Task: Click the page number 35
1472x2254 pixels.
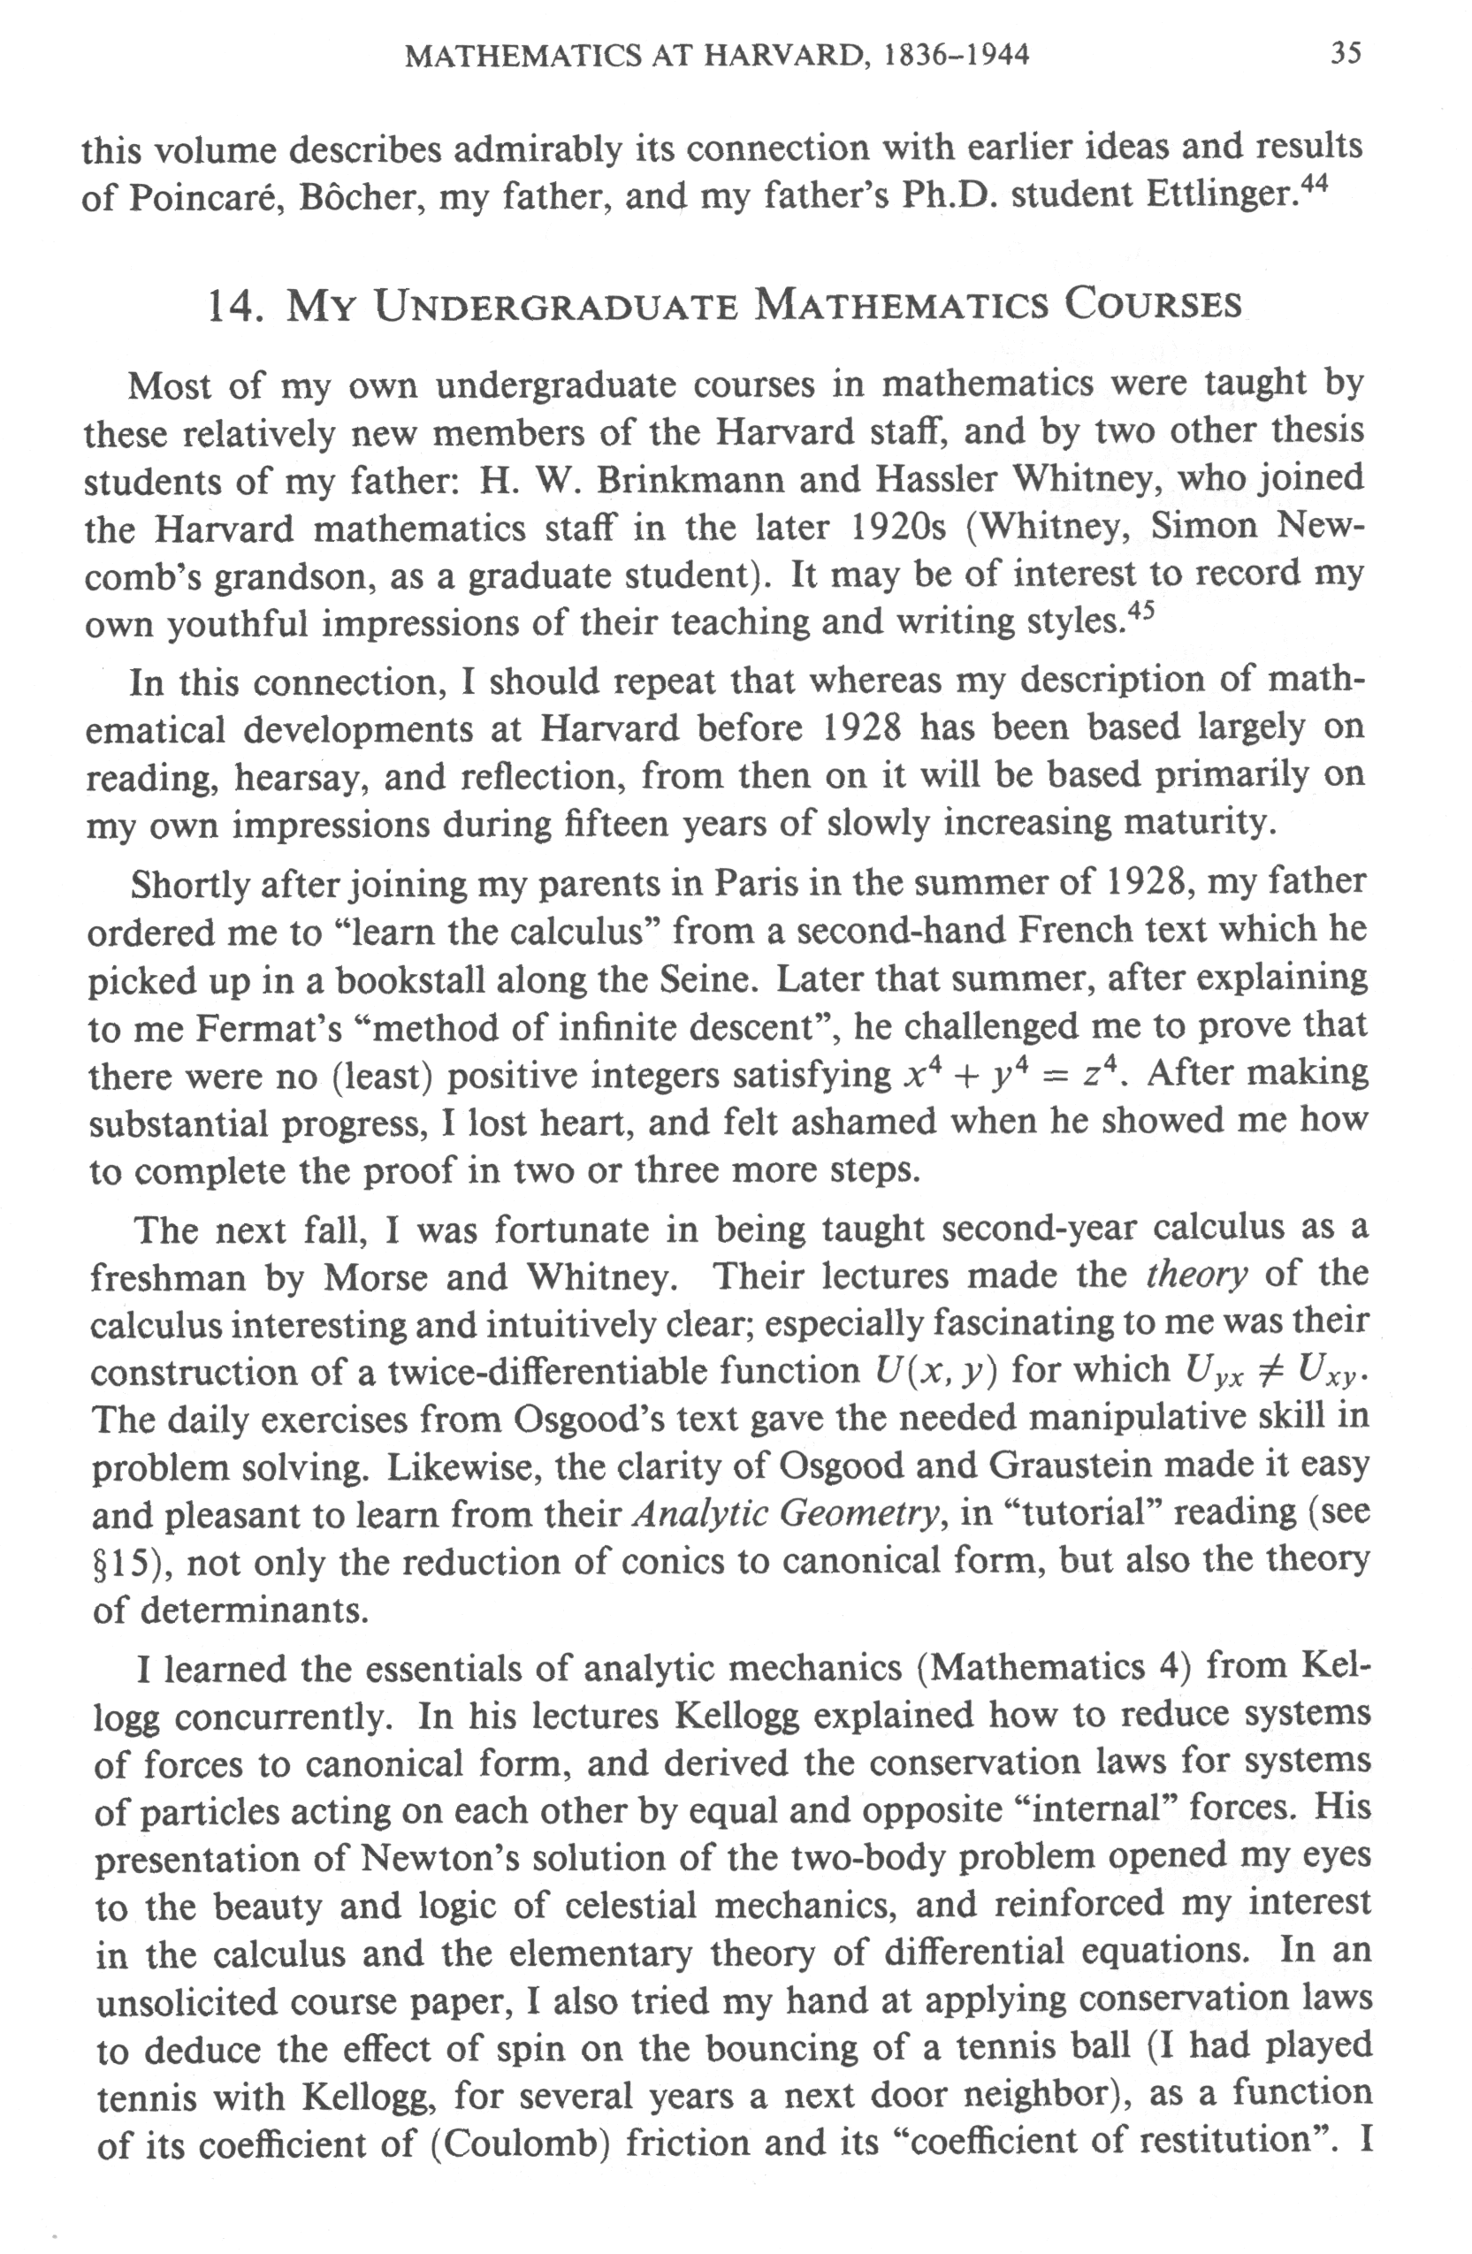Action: click(1346, 53)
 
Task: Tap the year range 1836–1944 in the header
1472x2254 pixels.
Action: click(956, 56)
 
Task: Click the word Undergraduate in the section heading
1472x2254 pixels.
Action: click(555, 305)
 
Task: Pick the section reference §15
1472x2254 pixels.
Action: click(123, 1563)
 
